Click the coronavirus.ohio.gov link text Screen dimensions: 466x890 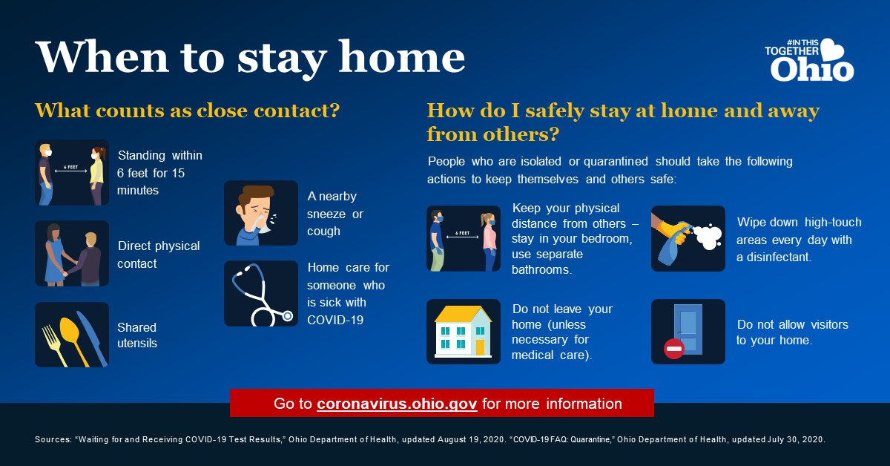click(396, 404)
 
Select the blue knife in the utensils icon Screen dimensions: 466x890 click(92, 337)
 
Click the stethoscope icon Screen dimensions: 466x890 click(260, 294)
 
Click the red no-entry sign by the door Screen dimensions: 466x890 click(673, 349)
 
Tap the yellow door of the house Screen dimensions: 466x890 click(480, 347)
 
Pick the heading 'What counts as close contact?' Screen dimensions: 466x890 click(187, 111)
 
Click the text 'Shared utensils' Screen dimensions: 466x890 click(137, 335)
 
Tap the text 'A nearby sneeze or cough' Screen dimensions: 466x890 click(334, 214)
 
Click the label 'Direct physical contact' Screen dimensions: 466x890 click(159, 255)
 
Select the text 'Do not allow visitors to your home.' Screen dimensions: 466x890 click(792, 332)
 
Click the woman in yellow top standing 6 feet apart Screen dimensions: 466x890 click(95, 174)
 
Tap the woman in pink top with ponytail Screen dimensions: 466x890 click(488, 239)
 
